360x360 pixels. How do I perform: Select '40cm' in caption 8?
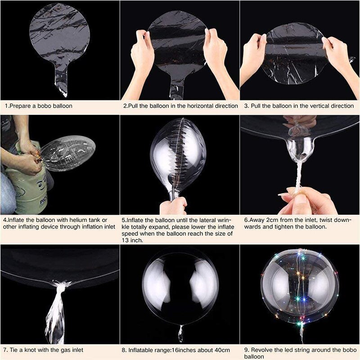point(221,350)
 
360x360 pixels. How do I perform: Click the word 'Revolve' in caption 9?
point(262,350)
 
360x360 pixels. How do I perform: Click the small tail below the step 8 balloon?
point(180,333)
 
